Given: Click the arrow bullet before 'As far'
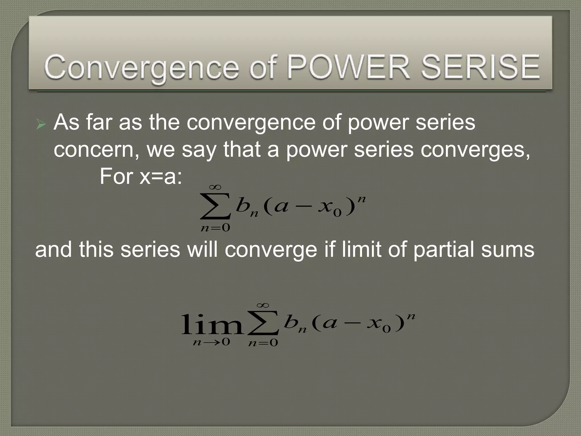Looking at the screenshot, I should [41, 124].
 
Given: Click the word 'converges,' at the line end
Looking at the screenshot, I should [475, 150].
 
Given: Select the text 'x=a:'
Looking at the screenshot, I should [161, 176].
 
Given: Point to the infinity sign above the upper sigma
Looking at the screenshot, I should [215, 187].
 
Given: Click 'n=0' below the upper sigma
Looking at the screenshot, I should [215, 228].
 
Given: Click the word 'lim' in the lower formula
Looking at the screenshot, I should [212, 324].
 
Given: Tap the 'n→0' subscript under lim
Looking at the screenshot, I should [211, 342].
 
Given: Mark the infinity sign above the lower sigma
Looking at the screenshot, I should [263, 305].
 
